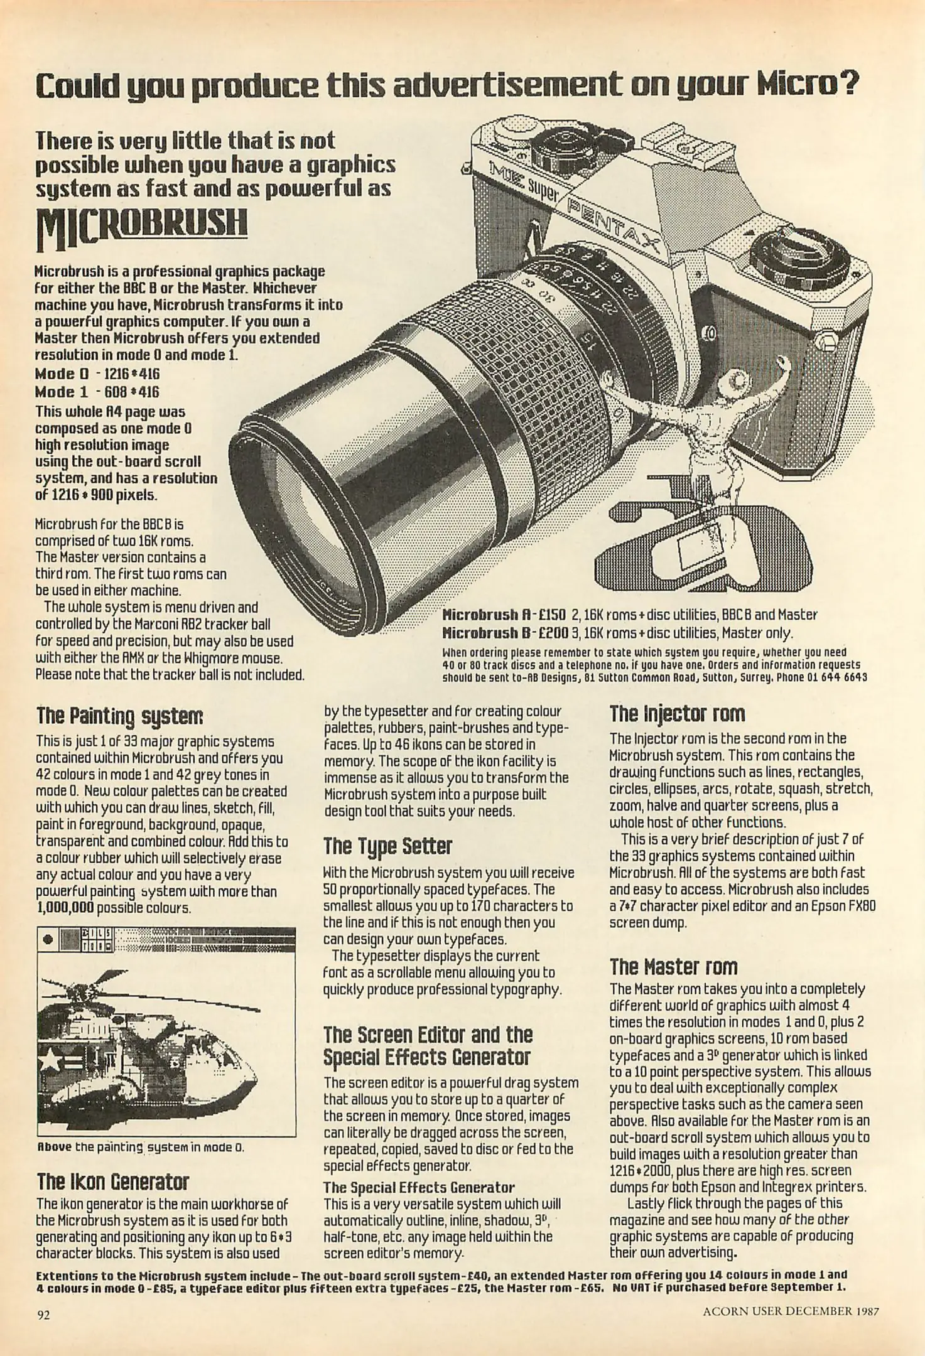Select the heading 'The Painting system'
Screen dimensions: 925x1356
point(119,716)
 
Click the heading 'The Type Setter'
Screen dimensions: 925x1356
point(387,846)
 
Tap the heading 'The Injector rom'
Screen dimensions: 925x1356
point(677,713)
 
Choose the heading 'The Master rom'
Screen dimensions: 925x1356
point(673,966)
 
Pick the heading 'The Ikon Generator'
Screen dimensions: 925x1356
point(112,1182)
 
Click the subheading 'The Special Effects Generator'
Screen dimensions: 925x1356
point(419,1187)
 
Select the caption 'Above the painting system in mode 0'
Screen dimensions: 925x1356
point(140,1147)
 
